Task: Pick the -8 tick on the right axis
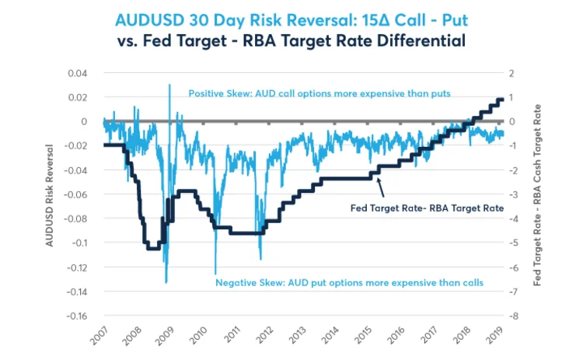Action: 511,316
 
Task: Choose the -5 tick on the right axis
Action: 511,243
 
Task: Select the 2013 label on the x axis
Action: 295,337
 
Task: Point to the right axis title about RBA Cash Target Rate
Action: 537,194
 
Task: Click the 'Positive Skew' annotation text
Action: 319,93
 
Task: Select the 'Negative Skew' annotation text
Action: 349,282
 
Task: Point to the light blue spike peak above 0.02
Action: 169,86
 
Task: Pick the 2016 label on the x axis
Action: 396,337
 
